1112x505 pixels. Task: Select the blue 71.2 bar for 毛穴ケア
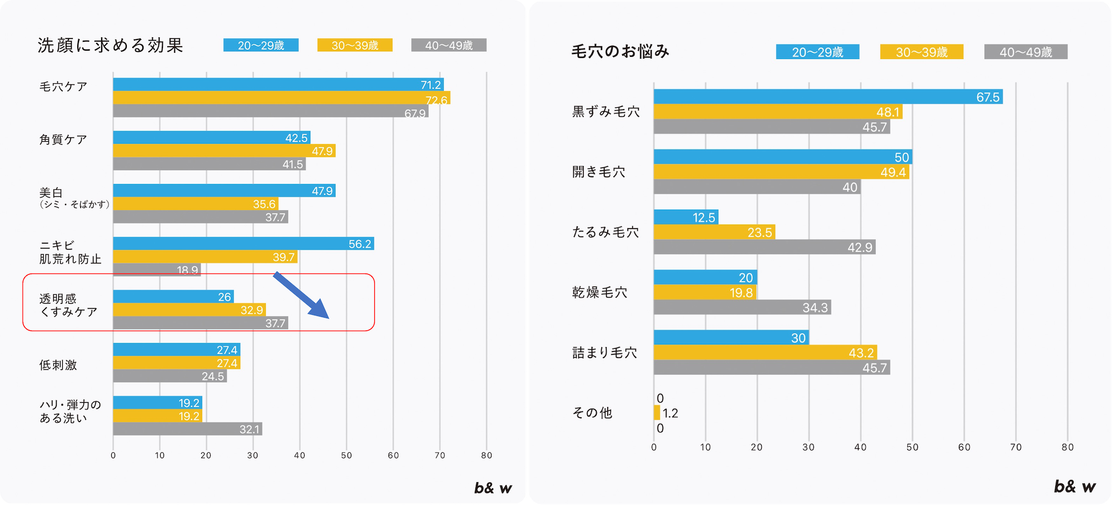pos(278,85)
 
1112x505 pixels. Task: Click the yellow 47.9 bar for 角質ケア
pos(224,151)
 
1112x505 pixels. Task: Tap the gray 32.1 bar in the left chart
pos(187,429)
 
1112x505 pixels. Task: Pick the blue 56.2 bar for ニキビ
pos(244,244)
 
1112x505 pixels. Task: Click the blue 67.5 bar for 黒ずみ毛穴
pos(828,97)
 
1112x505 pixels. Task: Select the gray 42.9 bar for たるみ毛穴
pos(765,247)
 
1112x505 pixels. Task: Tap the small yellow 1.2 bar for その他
pos(657,413)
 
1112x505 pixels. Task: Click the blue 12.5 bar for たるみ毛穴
pos(686,217)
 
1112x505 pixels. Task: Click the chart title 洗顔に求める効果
pos(110,45)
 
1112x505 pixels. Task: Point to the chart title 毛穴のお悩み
pos(620,51)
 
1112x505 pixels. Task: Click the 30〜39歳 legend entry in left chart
pos(355,45)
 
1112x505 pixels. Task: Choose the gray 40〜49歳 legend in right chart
pos(1025,52)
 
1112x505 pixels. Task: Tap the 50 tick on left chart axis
pos(346,456)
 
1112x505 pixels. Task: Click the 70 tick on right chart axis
pos(1016,447)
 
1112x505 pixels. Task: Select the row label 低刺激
pos(58,365)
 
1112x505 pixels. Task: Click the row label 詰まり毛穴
pos(604,353)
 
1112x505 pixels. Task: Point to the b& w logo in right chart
pos(1074,487)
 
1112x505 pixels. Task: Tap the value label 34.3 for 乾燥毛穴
pos(815,308)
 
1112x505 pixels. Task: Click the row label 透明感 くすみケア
pos(68,305)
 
